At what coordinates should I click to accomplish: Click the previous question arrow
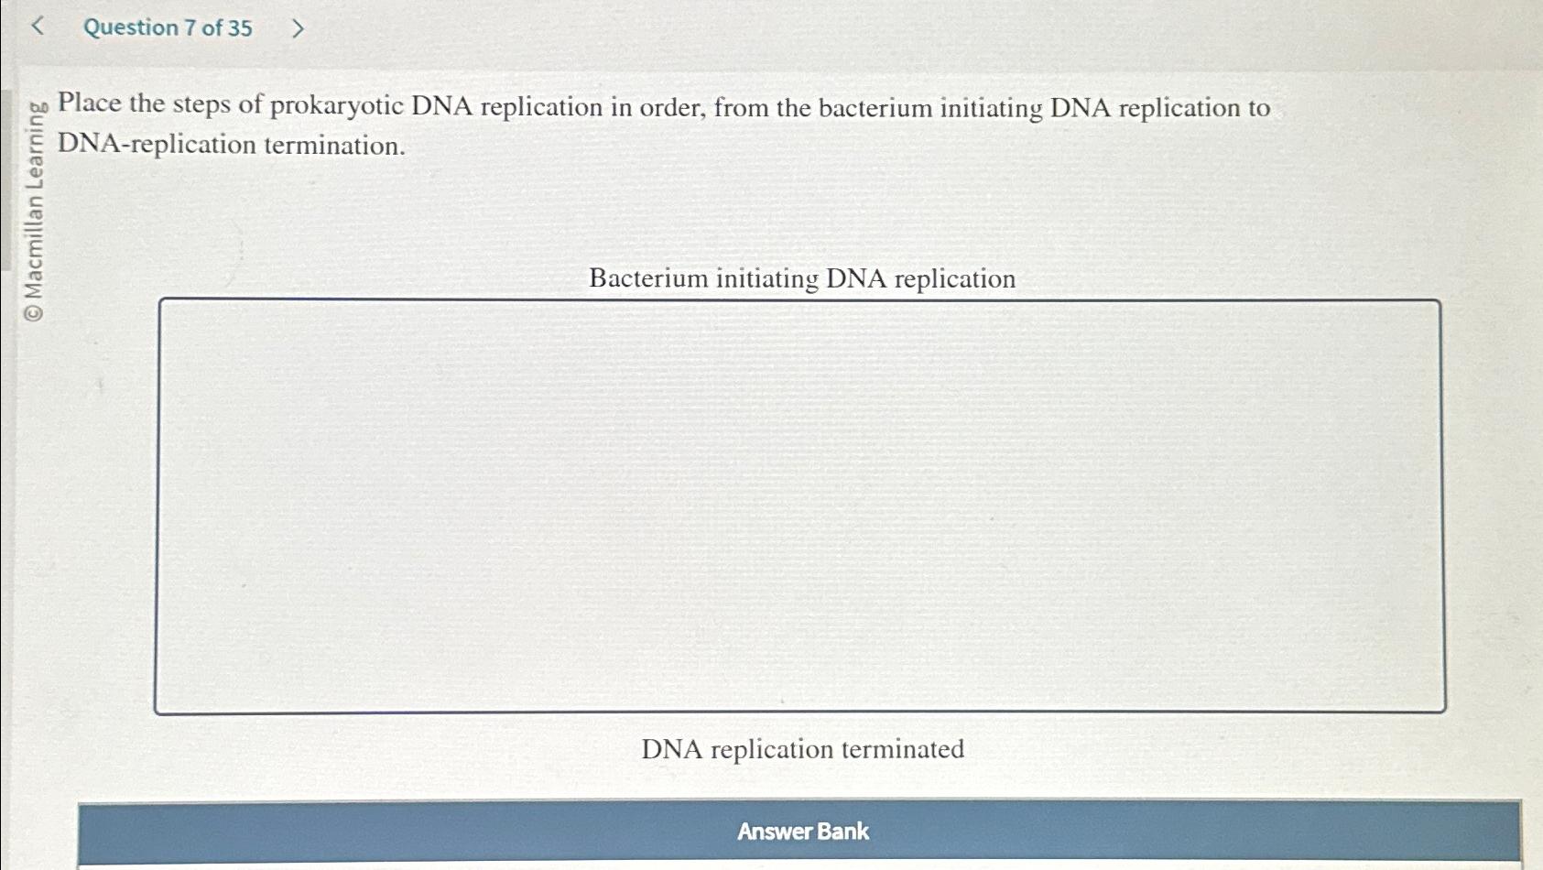point(38,27)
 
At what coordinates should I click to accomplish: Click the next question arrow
point(297,28)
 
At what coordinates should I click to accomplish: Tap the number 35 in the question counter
point(239,27)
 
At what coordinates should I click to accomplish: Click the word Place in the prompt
point(90,103)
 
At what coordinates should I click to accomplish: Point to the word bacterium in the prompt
point(875,108)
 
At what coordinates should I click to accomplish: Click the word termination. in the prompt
point(334,145)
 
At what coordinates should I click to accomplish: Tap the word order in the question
point(671,107)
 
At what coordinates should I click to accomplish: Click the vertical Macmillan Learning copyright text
point(34,201)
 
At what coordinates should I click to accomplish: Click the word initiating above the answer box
point(766,278)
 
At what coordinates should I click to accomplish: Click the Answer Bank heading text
point(802,831)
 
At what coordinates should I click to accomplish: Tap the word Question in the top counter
point(131,27)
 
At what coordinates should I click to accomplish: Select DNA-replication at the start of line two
point(157,145)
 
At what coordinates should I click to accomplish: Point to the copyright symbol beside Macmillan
point(34,313)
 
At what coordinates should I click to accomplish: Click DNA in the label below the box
point(671,749)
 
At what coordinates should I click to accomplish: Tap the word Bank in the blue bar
point(842,831)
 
